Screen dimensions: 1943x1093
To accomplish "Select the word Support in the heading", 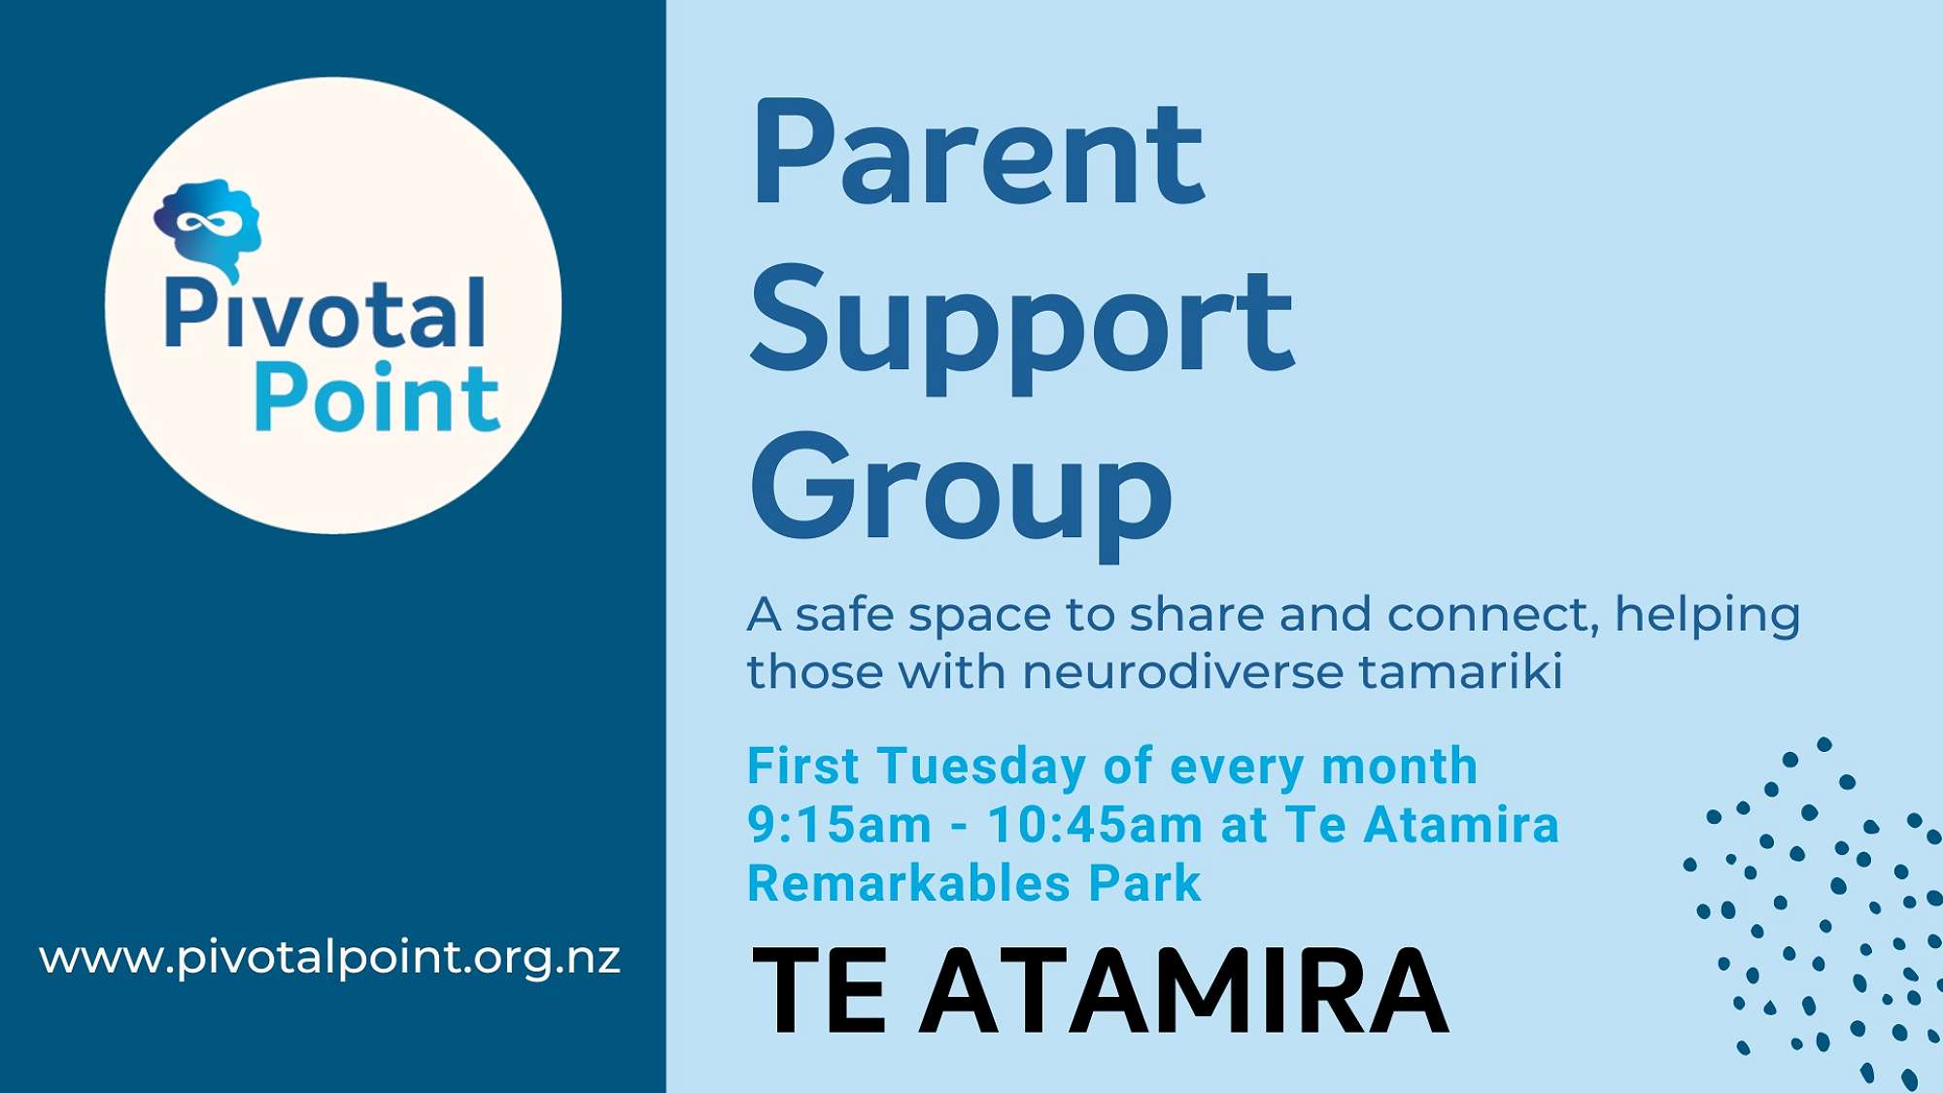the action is (1022, 328).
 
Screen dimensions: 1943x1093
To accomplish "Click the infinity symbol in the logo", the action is (208, 223).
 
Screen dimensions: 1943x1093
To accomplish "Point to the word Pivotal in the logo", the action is (324, 312).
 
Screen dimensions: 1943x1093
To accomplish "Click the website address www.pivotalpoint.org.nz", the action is (329, 958).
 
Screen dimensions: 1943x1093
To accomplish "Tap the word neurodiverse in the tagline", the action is (1181, 671).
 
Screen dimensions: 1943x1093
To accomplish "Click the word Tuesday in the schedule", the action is (982, 767).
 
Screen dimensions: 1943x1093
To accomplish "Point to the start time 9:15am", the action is (839, 825).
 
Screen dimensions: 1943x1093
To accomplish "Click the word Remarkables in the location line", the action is (909, 883).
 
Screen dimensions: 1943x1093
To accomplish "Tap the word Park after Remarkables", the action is (1144, 883).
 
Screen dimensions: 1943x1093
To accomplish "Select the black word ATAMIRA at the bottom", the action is (1183, 991).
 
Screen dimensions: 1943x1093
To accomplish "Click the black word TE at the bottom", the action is (819, 991).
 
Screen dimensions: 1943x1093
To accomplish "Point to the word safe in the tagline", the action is (843, 614).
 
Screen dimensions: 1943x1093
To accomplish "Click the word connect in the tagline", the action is (1493, 615).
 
